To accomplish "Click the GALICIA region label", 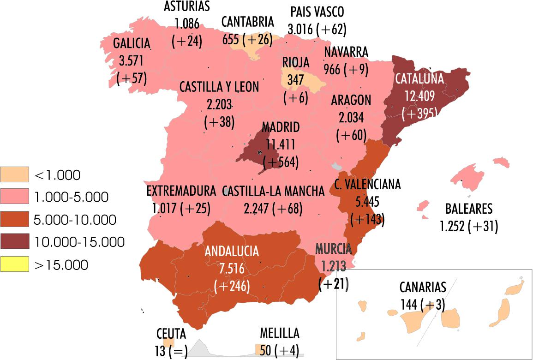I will [x=132, y=44].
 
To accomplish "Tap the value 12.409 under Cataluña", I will [x=419, y=96].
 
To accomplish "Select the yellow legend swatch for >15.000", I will [x=15, y=264].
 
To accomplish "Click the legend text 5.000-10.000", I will [x=75, y=220].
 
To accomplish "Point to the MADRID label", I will [x=281, y=127].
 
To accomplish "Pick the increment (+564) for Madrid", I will [x=281, y=162].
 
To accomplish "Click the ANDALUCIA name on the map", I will [x=232, y=252].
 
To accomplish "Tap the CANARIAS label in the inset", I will [x=423, y=288].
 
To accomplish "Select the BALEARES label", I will [x=469, y=209].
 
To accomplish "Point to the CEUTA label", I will [x=171, y=333].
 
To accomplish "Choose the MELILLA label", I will [x=280, y=333].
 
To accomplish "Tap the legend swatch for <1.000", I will [x=15, y=174].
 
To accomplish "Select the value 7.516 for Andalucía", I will [x=232, y=269].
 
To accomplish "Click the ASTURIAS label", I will [x=187, y=6].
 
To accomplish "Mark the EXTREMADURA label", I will [x=181, y=191].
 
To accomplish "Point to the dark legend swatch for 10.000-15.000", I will [x=15, y=242].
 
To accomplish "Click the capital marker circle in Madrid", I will [x=260, y=152].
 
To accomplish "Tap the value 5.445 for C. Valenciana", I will [x=367, y=202].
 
